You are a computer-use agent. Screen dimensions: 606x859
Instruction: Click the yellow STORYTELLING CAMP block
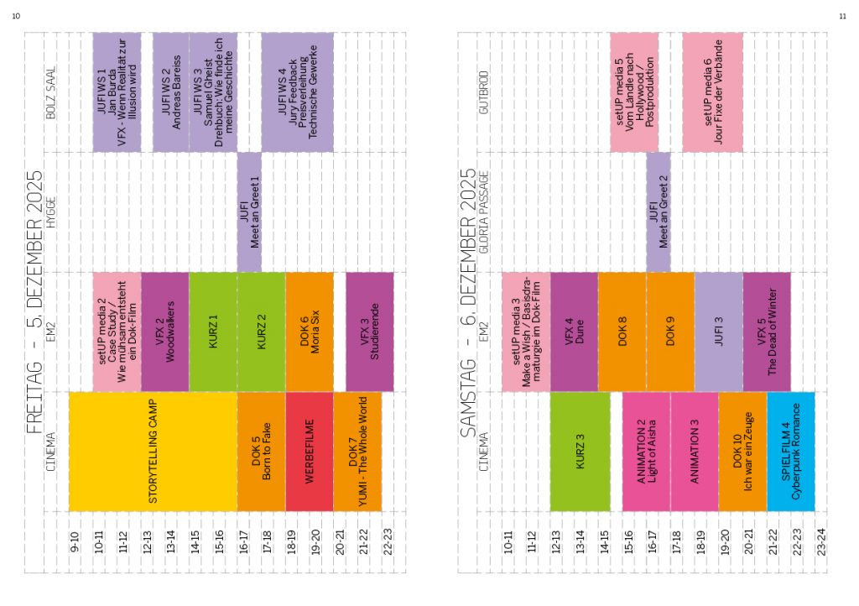153,452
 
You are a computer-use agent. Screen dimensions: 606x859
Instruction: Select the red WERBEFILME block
310,452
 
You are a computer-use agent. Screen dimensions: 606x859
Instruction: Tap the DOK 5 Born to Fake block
261,452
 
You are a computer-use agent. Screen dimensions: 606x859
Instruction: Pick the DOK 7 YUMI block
357,452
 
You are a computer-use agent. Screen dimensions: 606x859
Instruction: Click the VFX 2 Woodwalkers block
164,332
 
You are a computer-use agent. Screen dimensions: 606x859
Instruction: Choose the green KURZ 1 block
213,332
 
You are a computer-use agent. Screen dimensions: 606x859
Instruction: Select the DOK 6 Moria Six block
310,332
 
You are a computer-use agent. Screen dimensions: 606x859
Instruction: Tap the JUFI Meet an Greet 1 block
249,212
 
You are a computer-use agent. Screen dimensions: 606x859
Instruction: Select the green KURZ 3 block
580,452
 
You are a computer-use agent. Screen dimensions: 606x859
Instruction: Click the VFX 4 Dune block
574,332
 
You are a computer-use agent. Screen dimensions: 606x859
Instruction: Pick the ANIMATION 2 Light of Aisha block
646,452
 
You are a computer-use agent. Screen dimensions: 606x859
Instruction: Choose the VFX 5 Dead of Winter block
767,332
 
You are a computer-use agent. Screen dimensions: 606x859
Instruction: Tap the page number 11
842,16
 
